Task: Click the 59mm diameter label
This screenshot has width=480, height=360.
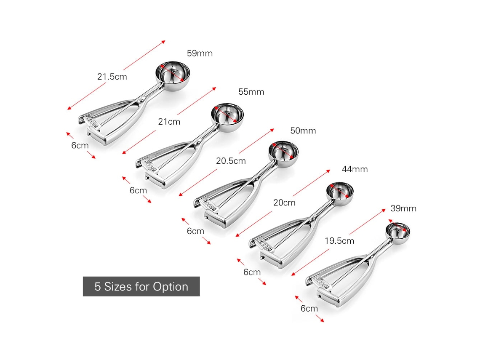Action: point(200,53)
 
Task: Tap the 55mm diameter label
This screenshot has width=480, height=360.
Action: point(251,92)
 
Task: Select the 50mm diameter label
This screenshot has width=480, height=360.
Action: point(303,131)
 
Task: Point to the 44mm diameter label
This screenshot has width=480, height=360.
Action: point(355,169)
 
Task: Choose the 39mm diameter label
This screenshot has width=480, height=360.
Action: point(403,208)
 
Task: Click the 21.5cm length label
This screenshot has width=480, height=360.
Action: point(112,77)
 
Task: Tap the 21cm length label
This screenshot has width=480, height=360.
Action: point(169,122)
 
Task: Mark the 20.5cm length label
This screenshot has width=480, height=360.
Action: point(231,161)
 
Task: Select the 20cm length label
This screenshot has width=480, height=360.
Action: point(284,203)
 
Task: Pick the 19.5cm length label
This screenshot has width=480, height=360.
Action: point(339,241)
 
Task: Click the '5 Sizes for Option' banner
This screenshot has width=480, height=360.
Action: point(141,287)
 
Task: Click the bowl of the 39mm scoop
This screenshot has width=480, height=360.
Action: point(397,231)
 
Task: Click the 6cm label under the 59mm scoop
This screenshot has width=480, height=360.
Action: point(80,145)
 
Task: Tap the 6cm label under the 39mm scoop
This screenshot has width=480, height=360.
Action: point(309,309)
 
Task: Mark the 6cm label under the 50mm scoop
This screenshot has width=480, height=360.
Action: point(195,231)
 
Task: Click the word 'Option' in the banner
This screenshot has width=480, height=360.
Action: point(171,287)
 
